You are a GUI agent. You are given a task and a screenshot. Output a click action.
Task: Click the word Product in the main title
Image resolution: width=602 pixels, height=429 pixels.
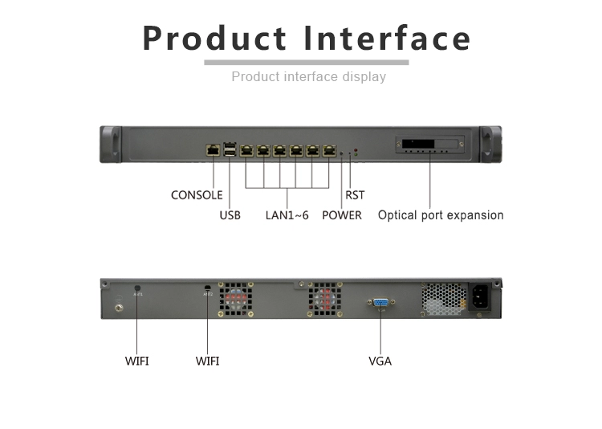214,38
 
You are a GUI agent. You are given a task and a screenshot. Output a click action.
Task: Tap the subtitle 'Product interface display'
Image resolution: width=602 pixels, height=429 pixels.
308,77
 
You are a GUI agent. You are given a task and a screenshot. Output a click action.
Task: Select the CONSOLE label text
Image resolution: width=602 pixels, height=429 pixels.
197,195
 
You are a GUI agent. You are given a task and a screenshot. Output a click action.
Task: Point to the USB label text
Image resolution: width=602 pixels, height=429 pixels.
230,215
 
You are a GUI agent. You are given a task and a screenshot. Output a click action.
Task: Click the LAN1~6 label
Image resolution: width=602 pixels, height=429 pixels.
287,215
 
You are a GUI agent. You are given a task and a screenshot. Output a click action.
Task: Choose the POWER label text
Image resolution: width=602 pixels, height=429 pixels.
341,215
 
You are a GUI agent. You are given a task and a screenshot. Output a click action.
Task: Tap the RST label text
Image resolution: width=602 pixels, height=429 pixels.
354,195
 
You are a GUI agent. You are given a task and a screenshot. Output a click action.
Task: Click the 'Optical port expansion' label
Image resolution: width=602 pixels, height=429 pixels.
441,215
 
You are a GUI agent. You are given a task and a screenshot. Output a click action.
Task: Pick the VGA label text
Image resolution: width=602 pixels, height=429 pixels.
380,362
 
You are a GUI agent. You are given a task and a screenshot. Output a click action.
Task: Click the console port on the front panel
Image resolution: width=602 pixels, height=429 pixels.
214,149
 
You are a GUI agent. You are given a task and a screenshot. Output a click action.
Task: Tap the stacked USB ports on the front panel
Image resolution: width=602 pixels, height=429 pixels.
230,149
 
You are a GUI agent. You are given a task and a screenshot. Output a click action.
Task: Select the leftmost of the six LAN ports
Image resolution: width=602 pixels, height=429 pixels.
246,149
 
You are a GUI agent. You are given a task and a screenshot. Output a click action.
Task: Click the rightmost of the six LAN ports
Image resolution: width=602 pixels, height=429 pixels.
329,149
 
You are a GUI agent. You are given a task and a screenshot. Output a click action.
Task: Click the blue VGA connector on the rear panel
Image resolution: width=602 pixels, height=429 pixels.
380,304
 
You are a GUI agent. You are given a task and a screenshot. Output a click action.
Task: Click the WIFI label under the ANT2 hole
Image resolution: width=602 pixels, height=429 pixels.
207,362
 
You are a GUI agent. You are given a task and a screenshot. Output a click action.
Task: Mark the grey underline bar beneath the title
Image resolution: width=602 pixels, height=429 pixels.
306,62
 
